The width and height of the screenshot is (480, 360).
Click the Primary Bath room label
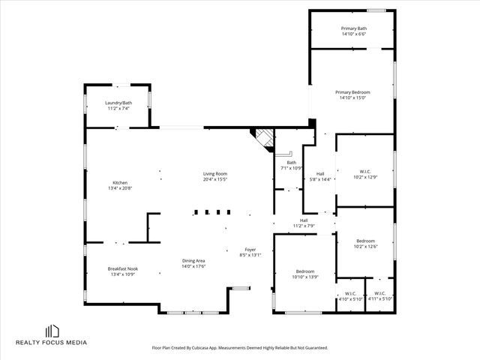[352, 28]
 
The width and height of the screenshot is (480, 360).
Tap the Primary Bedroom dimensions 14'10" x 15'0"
[352, 97]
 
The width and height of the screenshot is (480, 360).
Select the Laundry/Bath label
[118, 103]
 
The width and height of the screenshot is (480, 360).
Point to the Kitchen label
[120, 183]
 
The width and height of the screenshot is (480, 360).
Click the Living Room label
[214, 174]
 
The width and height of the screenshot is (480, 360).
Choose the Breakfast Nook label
[122, 268]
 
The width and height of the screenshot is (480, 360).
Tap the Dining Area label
[193, 261]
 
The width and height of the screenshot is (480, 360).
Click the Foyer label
[250, 250]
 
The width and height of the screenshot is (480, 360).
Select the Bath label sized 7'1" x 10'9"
[291, 163]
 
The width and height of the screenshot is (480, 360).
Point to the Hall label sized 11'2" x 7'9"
[304, 220]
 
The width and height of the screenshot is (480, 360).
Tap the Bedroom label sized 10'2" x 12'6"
[365, 241]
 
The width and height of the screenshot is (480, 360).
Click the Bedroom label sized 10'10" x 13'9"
[304, 271]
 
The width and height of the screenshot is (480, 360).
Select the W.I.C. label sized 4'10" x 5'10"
[350, 293]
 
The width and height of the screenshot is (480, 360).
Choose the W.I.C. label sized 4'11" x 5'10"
[379, 293]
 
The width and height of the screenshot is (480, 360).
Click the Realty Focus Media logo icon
[52, 331]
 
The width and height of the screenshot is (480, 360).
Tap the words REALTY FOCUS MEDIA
[52, 343]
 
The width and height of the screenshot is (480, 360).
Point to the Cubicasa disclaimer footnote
[239, 348]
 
